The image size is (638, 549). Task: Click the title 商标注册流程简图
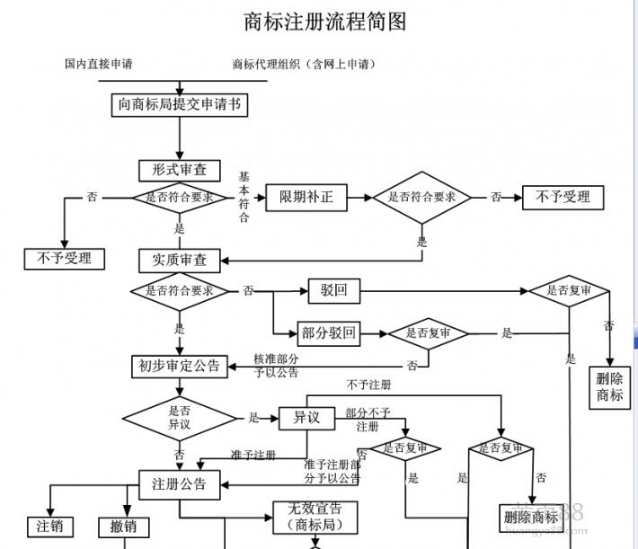325,22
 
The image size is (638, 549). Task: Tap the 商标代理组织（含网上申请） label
304,64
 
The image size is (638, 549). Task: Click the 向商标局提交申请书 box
180,104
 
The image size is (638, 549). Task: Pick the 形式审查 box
180,169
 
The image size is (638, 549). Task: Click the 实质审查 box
180,259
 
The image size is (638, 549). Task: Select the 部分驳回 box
329,333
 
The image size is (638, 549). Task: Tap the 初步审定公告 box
179,366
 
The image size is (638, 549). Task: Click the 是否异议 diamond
179,417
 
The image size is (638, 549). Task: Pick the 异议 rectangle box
306,418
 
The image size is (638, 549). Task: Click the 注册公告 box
180,484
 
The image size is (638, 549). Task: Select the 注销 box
49,527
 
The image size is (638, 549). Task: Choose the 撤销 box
124,527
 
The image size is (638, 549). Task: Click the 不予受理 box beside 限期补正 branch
563,197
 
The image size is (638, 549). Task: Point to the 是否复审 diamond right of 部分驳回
429,333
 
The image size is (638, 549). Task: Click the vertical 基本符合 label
244,197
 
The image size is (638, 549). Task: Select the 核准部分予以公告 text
276,365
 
